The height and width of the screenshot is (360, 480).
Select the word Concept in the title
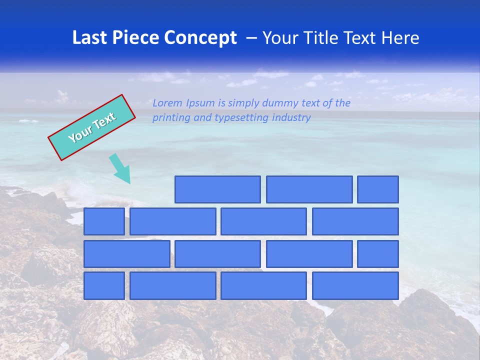[201, 38]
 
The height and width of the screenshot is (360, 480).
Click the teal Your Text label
[91, 127]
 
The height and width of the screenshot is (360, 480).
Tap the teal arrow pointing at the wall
[120, 169]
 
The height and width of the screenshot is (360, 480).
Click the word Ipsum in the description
[201, 103]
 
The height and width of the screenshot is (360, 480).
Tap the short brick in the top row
[378, 189]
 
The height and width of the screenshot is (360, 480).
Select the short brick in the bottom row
[104, 285]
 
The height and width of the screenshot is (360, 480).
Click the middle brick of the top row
[309, 189]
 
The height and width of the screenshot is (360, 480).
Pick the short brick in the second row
[104, 221]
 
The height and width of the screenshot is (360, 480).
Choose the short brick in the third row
[378, 253]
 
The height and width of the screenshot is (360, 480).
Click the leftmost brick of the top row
[217, 189]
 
